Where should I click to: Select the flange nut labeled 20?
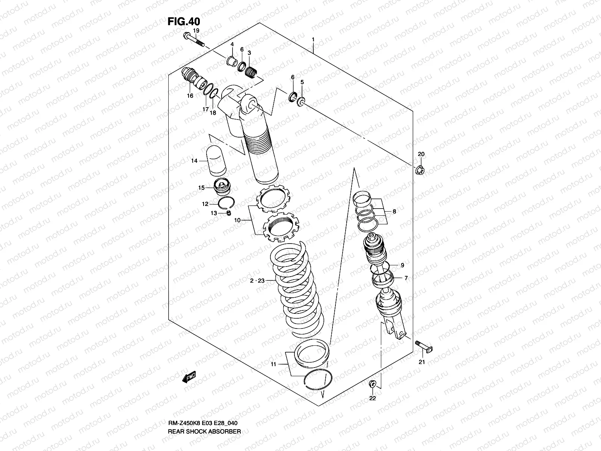point(420,170)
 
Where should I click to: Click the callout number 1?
point(313,39)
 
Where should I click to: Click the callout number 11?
point(273,364)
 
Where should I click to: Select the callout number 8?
point(394,212)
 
